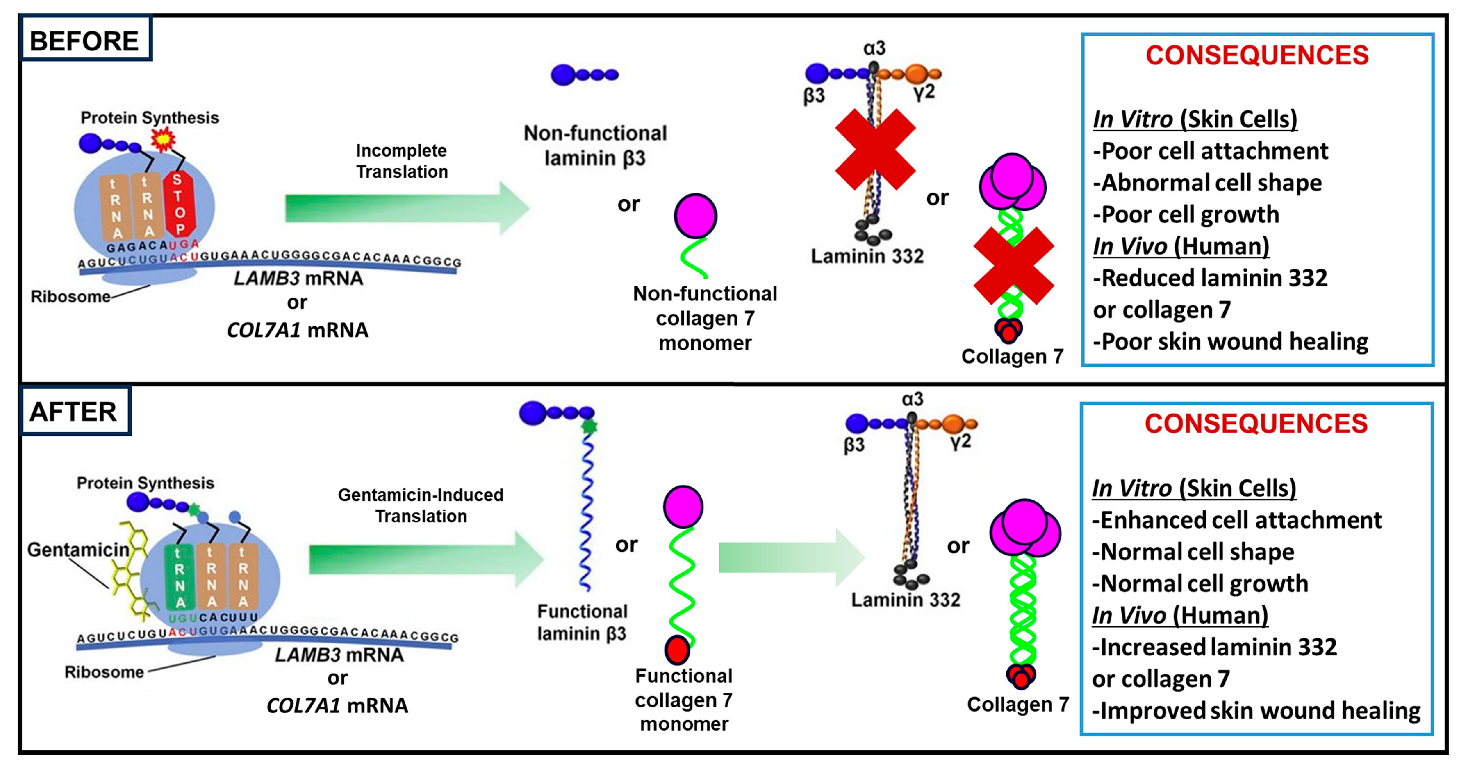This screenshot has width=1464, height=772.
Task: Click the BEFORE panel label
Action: (x=84, y=41)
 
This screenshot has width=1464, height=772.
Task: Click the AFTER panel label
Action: (x=73, y=412)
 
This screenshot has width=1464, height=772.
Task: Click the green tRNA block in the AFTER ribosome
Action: (x=180, y=577)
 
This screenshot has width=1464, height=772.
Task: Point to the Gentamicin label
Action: (x=79, y=550)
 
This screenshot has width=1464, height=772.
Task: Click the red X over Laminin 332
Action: (x=875, y=149)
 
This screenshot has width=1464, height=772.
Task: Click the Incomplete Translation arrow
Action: (x=406, y=208)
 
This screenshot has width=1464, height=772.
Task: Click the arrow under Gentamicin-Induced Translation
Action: (x=426, y=559)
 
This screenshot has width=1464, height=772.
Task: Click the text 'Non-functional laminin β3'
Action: (x=595, y=146)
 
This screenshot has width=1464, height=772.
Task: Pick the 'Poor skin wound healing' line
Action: (x=1230, y=342)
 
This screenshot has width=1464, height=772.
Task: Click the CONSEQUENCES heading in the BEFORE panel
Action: (x=1257, y=56)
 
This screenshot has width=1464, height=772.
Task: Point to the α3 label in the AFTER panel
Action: (x=912, y=399)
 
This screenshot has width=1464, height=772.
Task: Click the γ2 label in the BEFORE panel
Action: (x=924, y=92)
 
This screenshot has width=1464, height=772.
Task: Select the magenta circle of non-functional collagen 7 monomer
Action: (x=695, y=216)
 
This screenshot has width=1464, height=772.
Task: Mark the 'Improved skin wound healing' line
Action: (x=1256, y=711)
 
